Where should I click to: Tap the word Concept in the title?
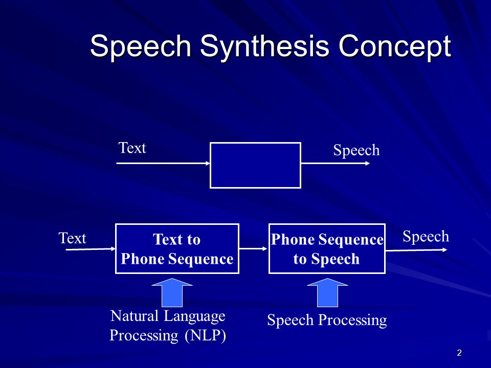394,47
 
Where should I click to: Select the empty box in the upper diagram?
255,165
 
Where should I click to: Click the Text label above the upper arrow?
132,148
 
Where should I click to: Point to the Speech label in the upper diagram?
356,150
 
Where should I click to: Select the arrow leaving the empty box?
336,164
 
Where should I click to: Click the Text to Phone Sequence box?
177,249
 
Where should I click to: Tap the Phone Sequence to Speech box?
327,249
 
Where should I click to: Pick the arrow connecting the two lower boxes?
254,249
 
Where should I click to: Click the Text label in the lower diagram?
72,239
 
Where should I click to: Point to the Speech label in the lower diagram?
426,236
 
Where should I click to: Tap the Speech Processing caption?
327,320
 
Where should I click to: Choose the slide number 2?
459,353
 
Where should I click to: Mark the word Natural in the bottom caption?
134,316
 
